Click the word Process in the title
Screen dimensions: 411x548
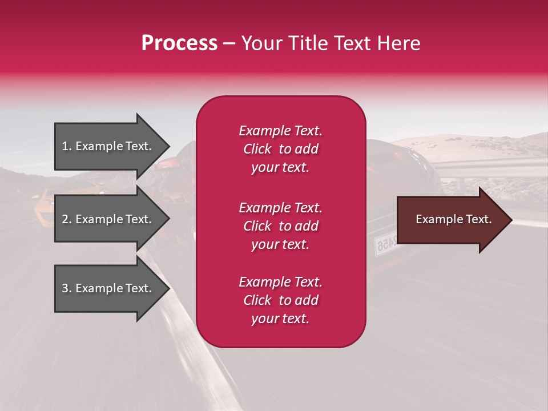coord(179,43)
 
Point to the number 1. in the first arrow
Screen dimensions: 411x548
coord(67,146)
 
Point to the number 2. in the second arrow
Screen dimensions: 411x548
coord(67,219)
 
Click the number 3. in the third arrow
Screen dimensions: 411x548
coord(67,288)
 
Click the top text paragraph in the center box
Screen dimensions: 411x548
coord(280,149)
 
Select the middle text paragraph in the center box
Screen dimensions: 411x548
coord(280,226)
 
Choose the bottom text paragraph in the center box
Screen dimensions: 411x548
coord(280,300)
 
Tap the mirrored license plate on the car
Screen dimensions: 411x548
coord(386,244)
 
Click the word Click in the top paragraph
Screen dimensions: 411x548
coord(257,149)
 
